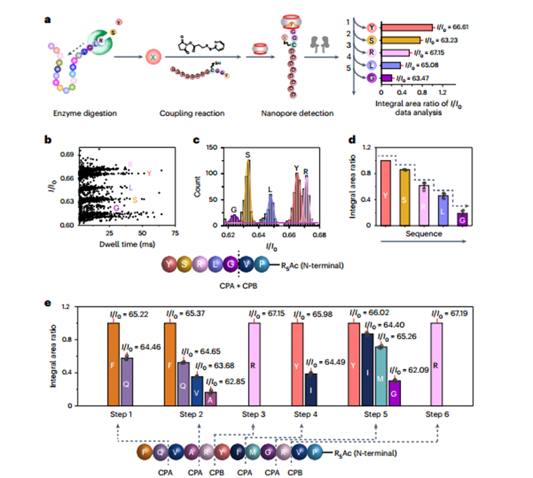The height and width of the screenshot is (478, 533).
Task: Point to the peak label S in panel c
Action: [248, 155]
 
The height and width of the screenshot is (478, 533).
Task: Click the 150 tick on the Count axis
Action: [215, 148]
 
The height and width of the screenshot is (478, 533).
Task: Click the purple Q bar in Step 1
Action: [126, 382]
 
